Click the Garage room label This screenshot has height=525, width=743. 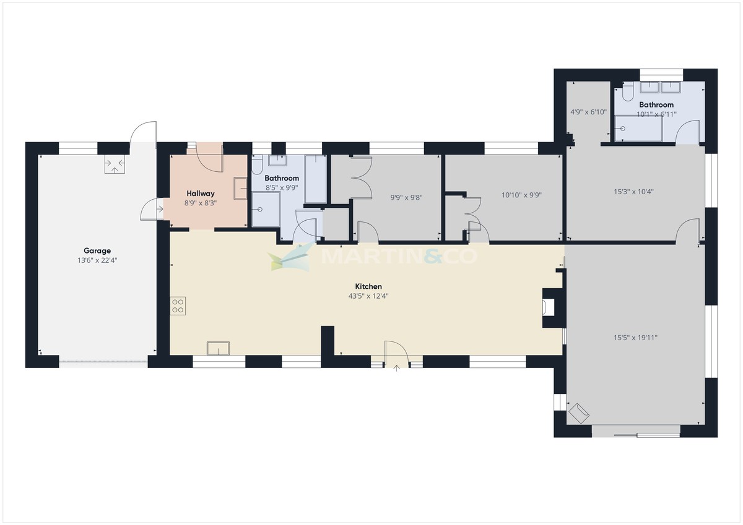coord(97,250)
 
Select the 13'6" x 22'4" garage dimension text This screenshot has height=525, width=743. coord(97,260)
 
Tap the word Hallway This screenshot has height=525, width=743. coord(200,193)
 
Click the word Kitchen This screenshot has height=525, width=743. coord(368,286)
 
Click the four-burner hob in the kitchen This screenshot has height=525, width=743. coord(178,305)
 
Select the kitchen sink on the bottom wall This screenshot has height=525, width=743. coord(218,348)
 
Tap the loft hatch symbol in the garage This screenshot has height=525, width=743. coord(115,164)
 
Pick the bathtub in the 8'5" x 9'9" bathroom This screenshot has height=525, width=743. coord(315,179)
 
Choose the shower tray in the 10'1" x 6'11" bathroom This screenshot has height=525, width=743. coord(638,128)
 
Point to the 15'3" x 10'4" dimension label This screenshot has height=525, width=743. coord(633,192)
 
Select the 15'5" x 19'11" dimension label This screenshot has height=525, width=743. coord(635,338)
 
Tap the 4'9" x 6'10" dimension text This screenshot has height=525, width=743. coord(588,113)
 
